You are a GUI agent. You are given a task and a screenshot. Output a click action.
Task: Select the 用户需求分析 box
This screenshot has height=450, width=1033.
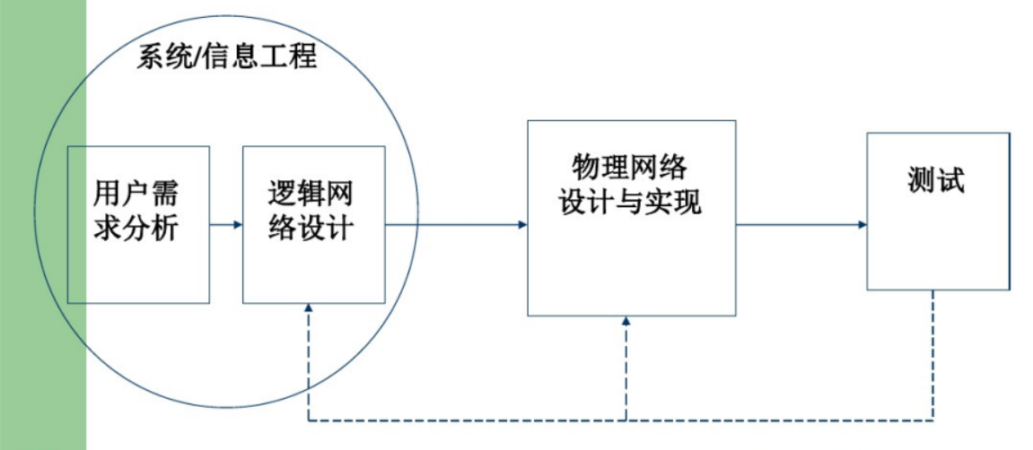click(x=138, y=260)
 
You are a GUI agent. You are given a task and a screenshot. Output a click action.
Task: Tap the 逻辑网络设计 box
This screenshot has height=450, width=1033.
click(x=313, y=269)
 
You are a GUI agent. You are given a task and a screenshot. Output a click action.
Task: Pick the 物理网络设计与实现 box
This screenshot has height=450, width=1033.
click(x=631, y=269)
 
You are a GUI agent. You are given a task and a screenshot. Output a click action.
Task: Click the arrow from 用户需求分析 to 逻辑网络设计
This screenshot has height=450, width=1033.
click(x=225, y=224)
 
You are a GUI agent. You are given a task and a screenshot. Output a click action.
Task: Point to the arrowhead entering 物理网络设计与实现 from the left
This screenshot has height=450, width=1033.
click(x=521, y=224)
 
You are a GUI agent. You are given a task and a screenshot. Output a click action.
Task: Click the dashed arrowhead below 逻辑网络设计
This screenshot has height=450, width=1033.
click(x=309, y=308)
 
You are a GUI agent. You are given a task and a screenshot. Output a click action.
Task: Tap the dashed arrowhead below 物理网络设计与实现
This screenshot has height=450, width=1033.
click(x=626, y=323)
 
